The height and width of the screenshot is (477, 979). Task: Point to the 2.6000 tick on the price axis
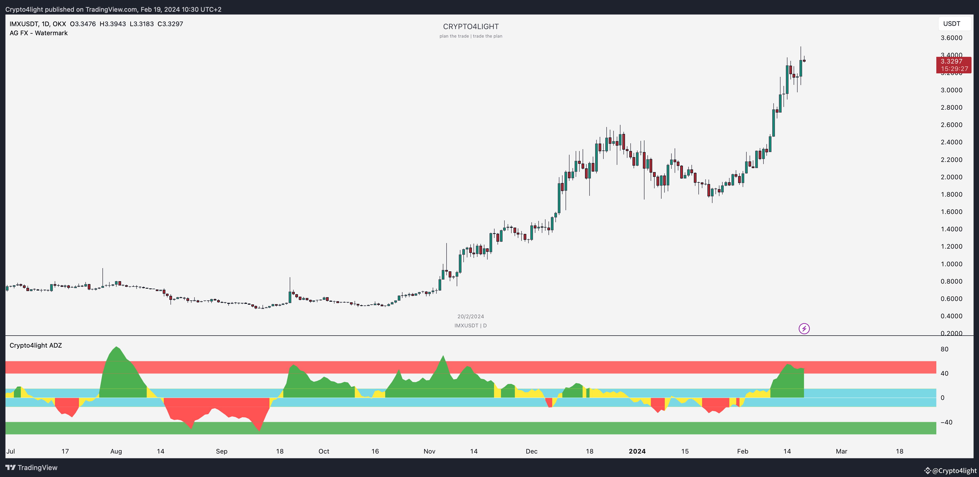[951, 125]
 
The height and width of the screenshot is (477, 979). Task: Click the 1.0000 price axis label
[951, 264]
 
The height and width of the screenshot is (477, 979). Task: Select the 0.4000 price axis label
[951, 316]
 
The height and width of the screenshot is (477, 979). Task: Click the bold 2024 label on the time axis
[637, 451]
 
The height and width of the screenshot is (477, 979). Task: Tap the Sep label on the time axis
[222, 451]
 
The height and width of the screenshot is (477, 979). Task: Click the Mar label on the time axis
[841, 451]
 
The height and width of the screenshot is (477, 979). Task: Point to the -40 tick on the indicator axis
[946, 422]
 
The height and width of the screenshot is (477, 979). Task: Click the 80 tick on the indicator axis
[944, 349]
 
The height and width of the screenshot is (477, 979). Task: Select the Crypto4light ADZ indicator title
[36, 345]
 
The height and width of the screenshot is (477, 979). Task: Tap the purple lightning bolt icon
[804, 328]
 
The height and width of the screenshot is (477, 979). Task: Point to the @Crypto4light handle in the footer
[951, 471]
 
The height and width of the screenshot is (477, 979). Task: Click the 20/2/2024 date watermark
[471, 316]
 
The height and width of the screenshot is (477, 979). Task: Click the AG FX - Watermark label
[39, 33]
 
